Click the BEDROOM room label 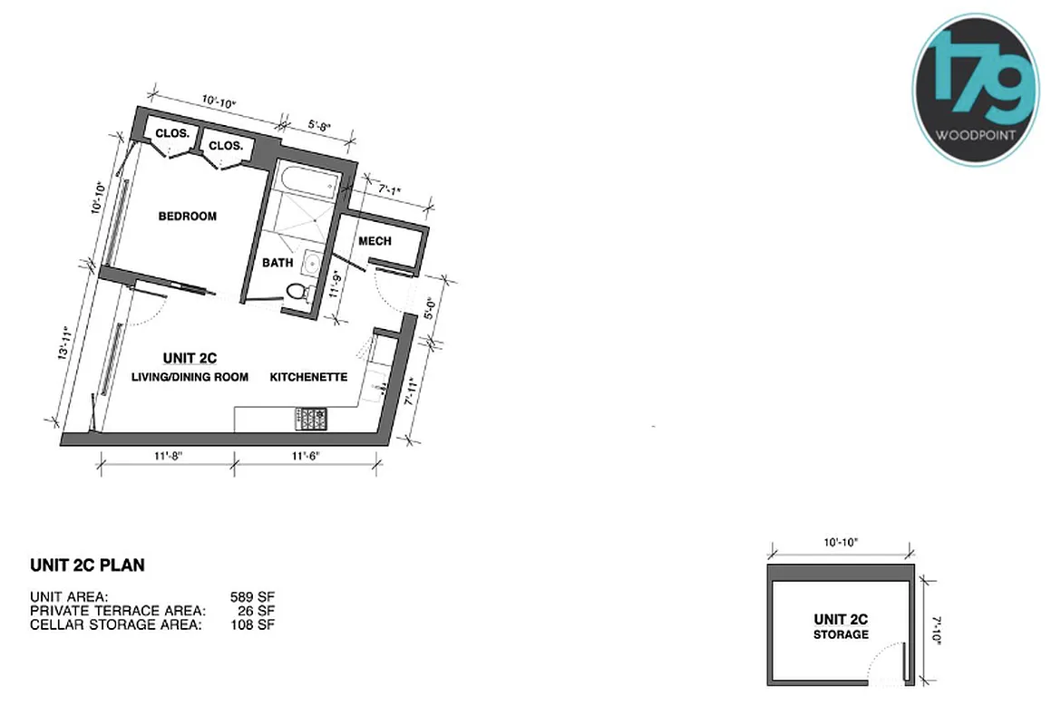(188, 217)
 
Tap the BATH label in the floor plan (277, 263)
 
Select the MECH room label (375, 241)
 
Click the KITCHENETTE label (308, 377)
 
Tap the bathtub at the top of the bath (304, 181)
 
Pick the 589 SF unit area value (252, 597)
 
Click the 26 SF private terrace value (257, 611)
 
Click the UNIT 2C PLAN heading (87, 566)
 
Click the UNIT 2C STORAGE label (840, 626)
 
